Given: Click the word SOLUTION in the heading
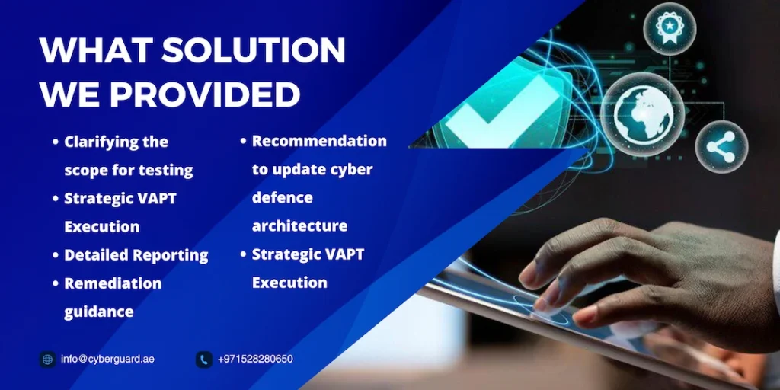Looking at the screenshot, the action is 253,50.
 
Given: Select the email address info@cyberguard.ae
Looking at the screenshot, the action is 107,359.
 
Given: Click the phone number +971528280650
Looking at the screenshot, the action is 255,359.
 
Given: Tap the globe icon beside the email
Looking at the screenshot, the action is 48,360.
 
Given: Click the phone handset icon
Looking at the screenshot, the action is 204,360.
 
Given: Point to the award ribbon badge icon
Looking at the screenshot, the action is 670,27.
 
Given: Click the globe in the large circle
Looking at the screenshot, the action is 643,114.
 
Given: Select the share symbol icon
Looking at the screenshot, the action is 721,147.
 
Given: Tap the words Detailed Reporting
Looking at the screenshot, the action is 136,255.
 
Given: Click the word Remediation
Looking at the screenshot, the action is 113,283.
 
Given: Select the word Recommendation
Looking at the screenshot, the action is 319,141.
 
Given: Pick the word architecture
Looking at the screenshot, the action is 299,225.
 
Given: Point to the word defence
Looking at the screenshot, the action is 282,197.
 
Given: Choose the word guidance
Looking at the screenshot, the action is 98,312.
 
